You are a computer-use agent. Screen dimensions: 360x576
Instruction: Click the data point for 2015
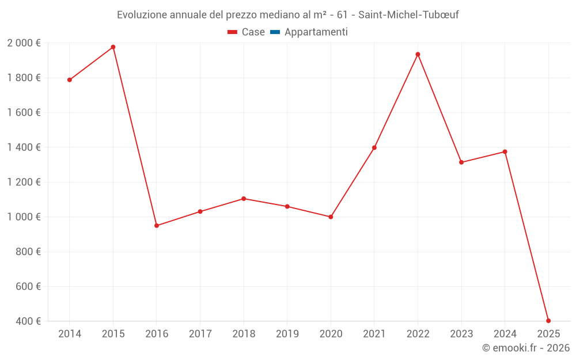(x=113, y=47)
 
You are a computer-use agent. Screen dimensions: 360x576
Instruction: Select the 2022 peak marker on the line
(x=418, y=54)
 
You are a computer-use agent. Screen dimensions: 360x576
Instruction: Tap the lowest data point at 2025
(x=548, y=321)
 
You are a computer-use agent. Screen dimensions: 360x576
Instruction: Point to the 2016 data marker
(x=157, y=225)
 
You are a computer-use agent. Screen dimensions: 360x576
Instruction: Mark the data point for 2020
(x=331, y=217)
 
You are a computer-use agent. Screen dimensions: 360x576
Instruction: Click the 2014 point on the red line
(x=70, y=80)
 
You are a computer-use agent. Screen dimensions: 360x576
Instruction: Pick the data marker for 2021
(x=374, y=147)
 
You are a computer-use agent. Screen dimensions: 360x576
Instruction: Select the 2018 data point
(x=244, y=199)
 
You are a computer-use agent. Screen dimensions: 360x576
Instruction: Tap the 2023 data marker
(x=461, y=162)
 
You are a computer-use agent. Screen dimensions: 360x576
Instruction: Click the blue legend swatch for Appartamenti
(x=275, y=32)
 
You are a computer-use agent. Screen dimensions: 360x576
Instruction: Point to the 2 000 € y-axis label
(x=24, y=43)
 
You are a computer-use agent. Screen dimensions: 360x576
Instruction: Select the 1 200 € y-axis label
(x=24, y=182)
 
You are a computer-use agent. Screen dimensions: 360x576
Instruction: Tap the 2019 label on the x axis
(x=287, y=334)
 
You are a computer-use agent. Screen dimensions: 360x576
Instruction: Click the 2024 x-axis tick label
(x=505, y=334)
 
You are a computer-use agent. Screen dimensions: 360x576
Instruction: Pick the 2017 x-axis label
(x=200, y=334)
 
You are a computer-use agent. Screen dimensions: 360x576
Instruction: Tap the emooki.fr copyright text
(x=526, y=348)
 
